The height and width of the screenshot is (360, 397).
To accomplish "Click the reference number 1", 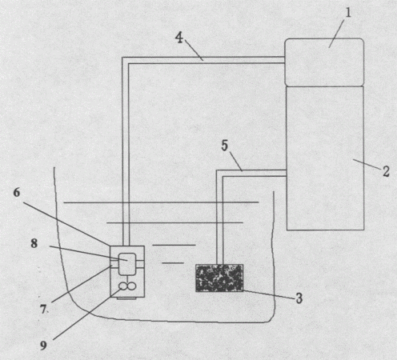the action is [x=348, y=13].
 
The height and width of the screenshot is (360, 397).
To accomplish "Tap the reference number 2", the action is [x=386, y=171].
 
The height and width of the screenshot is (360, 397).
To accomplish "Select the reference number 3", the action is [x=299, y=298].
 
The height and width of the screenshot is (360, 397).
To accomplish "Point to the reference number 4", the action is [x=179, y=38].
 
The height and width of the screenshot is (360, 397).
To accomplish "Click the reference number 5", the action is [x=225, y=146].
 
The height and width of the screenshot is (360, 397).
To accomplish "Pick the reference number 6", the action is [x=17, y=193].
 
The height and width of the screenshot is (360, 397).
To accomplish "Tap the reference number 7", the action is [x=43, y=310].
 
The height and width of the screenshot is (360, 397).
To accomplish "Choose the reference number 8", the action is [x=34, y=243].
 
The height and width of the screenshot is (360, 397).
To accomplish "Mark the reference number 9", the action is [x=43, y=346].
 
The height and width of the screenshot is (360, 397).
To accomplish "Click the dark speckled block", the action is [x=219, y=278].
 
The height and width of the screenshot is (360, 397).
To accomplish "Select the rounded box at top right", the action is [x=324, y=62].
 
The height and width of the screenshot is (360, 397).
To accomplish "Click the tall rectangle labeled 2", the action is [x=325, y=158].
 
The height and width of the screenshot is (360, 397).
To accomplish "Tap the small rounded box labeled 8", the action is [x=127, y=264].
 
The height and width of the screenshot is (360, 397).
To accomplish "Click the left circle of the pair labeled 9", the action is [x=123, y=286].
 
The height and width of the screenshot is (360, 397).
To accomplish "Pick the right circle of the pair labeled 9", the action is [x=131, y=286].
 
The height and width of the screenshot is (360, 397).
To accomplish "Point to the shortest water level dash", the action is [x=173, y=263].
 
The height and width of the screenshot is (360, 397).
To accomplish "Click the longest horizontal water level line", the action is [x=161, y=202].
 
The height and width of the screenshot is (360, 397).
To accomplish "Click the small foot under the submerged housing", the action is [x=127, y=298].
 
